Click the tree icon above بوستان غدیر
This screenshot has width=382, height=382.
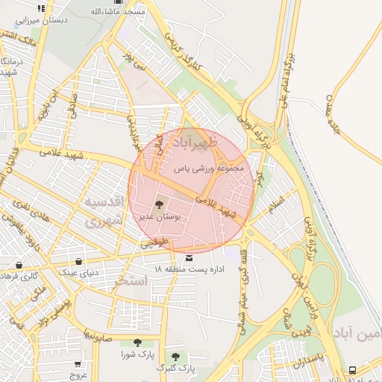[158, 204]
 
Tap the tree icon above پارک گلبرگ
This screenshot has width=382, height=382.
[176, 357]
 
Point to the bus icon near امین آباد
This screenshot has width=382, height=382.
[352, 369]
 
